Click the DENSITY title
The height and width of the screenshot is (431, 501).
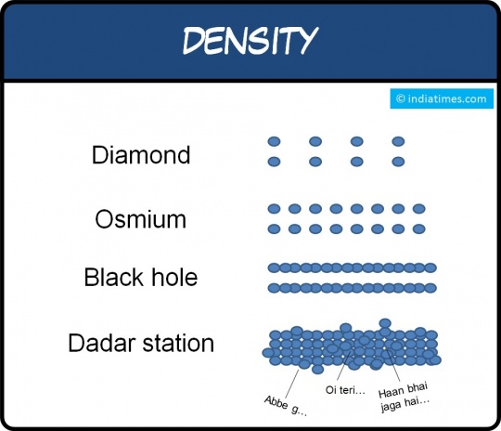tap(250, 40)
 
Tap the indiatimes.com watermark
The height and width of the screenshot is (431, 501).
tap(442, 98)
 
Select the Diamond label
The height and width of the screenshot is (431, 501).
tap(141, 155)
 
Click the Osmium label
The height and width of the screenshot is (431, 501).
tap(141, 219)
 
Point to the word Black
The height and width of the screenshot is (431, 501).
tap(114, 277)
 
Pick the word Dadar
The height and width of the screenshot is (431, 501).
tap(102, 343)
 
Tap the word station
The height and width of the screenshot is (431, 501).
tap(178, 344)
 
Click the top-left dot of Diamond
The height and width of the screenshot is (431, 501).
tap(274, 141)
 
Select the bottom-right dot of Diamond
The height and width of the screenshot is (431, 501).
tap(398, 162)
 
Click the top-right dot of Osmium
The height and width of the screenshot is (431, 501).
tap(418, 209)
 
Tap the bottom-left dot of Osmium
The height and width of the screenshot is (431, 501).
tap(274, 229)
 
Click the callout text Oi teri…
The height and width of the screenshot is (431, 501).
tap(345, 390)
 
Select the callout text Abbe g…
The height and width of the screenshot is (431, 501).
tap(286, 405)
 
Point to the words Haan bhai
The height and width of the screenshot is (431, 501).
tap(403, 390)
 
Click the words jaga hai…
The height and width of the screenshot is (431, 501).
tap(405, 404)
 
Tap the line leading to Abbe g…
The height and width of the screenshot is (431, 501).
tap(291, 384)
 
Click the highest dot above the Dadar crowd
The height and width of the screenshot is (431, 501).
tap(385, 323)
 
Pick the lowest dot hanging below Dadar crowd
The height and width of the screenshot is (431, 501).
tap(317, 370)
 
